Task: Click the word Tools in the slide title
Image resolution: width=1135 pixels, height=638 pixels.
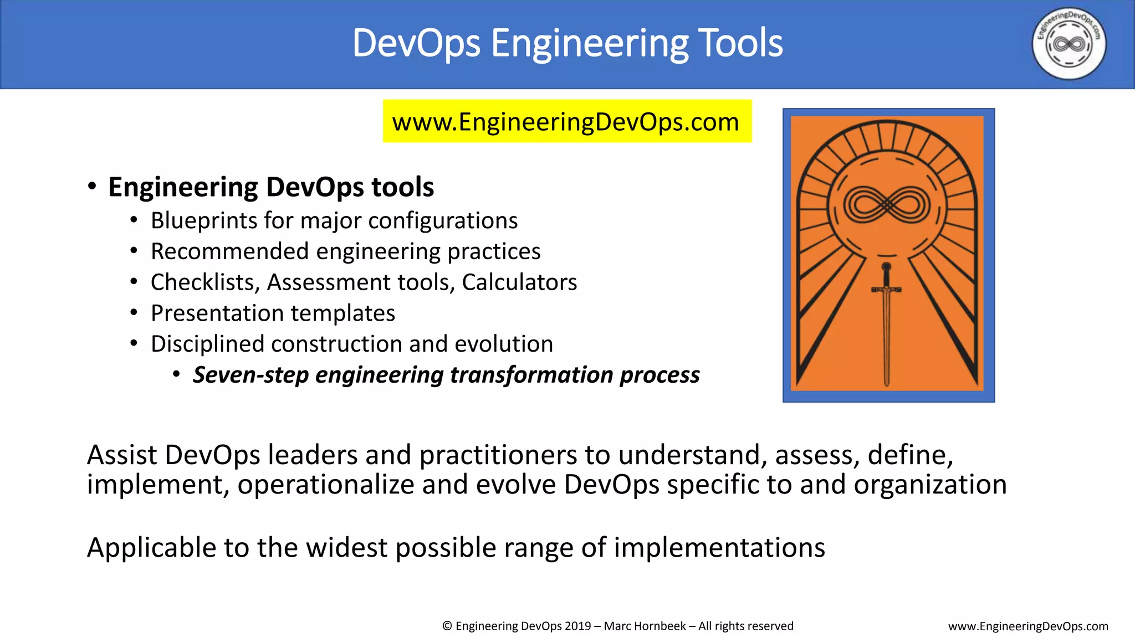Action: pyautogui.click(x=740, y=43)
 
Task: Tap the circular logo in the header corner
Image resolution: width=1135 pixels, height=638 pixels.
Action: pyautogui.click(x=1068, y=44)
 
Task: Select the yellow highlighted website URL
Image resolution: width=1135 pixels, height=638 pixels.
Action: pyautogui.click(x=566, y=122)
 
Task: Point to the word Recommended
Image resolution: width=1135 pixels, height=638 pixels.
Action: pyautogui.click(x=229, y=251)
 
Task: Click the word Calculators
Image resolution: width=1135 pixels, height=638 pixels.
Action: pyautogui.click(x=519, y=282)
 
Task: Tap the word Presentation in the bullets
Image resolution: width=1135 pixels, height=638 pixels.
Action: pyautogui.click(x=217, y=313)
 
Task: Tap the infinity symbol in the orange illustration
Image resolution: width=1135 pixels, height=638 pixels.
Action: pyautogui.click(x=887, y=204)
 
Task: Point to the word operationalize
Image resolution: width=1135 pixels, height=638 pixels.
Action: pyautogui.click(x=326, y=485)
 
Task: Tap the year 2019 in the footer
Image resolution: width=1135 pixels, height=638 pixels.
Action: pyautogui.click(x=577, y=626)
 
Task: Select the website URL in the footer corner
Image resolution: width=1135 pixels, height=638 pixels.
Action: pyautogui.click(x=1028, y=626)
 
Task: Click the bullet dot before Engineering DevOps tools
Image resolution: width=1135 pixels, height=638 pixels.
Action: pyautogui.click(x=92, y=187)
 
